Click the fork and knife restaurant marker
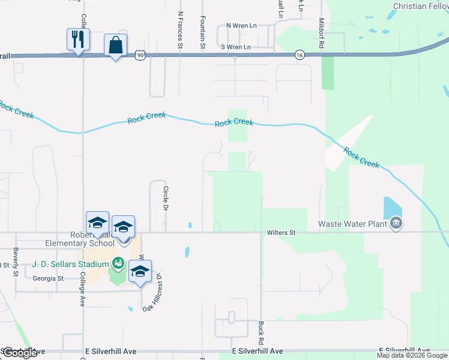pyautogui.click(x=78, y=40)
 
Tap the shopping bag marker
pyautogui.click(x=115, y=46)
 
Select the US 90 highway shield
pyautogui.click(x=140, y=55)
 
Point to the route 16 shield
pyautogui.click(x=299, y=55)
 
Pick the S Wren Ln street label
pyautogui.click(x=236, y=46)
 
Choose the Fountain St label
pyautogui.click(x=203, y=32)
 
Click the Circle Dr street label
pyautogui.click(x=166, y=198)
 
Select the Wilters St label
pyautogui.click(x=282, y=232)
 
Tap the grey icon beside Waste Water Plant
pyautogui.click(x=396, y=224)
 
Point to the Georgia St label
pyautogui.click(x=48, y=278)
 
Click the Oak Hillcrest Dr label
pyautogui.click(x=152, y=293)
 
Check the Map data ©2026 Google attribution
pyautogui.click(x=411, y=355)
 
